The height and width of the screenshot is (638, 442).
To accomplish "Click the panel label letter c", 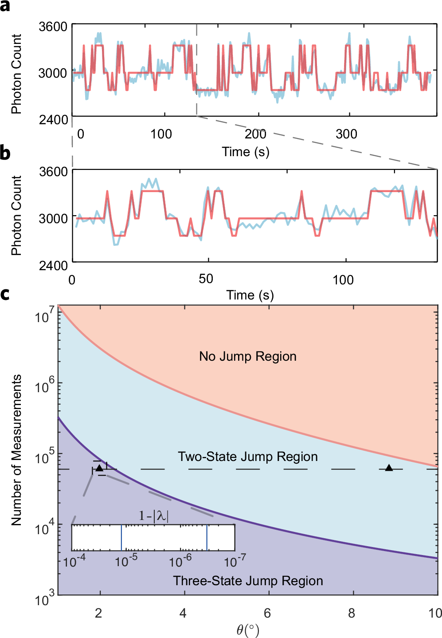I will pos(5,294).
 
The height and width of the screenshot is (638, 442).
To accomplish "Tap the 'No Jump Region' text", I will pos(247,356).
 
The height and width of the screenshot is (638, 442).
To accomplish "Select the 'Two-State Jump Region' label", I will pos(247,457).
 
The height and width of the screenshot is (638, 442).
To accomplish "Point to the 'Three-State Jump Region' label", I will pos(247,581).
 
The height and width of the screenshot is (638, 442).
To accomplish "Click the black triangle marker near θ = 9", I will pos(389,468).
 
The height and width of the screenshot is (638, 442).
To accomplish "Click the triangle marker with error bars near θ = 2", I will pos(99,468).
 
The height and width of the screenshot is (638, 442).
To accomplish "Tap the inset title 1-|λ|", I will pos(153,516).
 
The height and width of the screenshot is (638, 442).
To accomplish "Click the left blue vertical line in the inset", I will pos(121,538).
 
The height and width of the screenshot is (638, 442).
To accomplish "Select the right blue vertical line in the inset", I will pos(207,538).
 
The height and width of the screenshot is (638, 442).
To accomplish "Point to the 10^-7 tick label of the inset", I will pos(235,562).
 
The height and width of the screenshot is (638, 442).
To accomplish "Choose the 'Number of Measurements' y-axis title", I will pos(16,450).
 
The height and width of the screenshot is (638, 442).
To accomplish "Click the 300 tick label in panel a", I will pos(346,134).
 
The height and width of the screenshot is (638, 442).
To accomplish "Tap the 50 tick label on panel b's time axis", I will pos(206,279).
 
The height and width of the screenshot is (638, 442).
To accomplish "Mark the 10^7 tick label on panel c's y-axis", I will pos(44,316).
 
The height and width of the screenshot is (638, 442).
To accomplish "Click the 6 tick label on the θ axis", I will pos(267,613).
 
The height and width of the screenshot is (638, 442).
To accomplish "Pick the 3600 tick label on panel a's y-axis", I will pos(53,27).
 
